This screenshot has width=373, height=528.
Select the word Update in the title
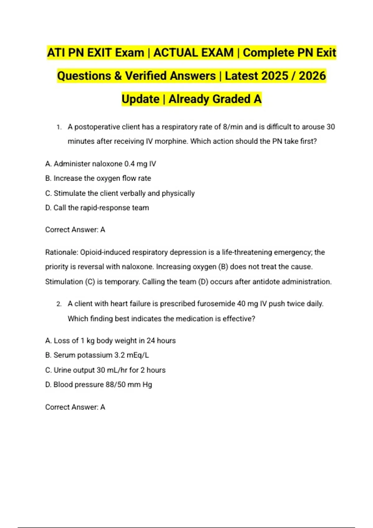[140, 99]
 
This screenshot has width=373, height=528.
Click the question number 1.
[59, 127]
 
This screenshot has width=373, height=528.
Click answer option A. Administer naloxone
[100, 164]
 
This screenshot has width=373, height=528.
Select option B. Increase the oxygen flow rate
[98, 178]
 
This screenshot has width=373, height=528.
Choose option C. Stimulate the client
[120, 193]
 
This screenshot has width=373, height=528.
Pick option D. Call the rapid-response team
[97, 208]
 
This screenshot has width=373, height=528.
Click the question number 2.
[59, 304]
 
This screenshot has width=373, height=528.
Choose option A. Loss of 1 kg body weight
[110, 341]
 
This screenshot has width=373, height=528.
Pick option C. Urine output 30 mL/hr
[105, 370]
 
